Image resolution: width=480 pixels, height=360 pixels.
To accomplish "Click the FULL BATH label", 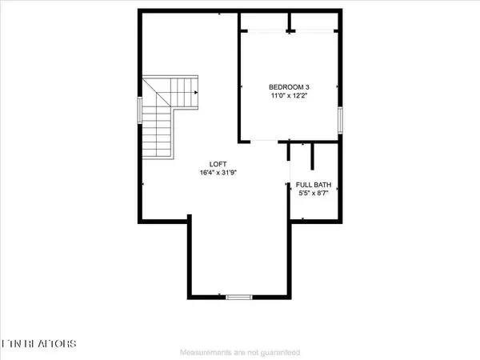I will pos(313,184).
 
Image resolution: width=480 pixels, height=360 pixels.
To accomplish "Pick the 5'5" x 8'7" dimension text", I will pos(313,194).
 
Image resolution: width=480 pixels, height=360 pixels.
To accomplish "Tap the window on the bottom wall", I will pos(238,298).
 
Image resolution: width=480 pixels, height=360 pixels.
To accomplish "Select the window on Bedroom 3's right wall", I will pos(339,121).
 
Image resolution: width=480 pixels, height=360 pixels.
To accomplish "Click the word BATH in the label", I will pos(322,184).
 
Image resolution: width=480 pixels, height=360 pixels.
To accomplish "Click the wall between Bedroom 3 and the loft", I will pos(239,80).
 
